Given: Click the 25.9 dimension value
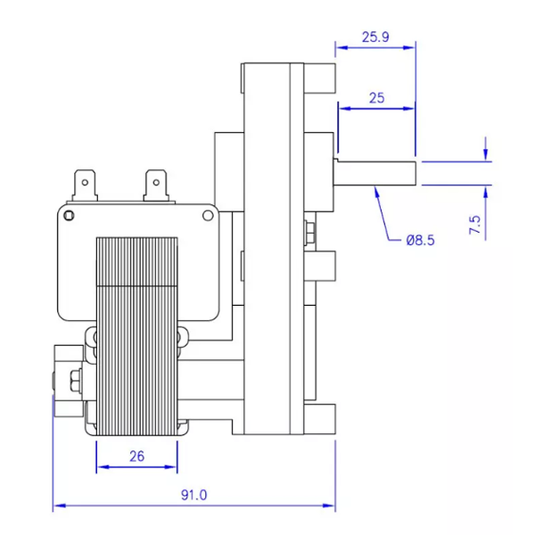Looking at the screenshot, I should pyautogui.click(x=375, y=37).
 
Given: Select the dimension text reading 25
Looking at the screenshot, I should pyautogui.click(x=375, y=98).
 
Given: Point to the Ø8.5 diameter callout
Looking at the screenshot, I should pyautogui.click(x=419, y=239).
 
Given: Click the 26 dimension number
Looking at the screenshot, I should pyautogui.click(x=136, y=457).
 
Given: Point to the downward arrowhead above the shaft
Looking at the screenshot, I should pyautogui.click(x=487, y=155).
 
